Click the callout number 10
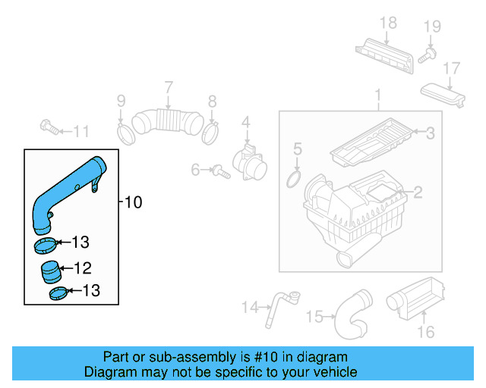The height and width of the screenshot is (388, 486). [x=134, y=202]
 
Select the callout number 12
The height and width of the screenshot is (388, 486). [x=83, y=268]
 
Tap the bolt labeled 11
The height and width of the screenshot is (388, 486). [x=49, y=127]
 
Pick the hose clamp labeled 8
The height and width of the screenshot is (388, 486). [x=210, y=133]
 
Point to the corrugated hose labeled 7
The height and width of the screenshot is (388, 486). [x=168, y=122]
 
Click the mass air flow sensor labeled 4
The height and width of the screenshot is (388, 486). [x=250, y=162]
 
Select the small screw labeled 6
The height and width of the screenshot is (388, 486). [x=222, y=172]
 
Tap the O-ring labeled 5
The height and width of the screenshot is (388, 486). [x=294, y=179]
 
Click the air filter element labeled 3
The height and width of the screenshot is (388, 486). [x=371, y=142]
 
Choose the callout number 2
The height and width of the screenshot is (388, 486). [x=418, y=192]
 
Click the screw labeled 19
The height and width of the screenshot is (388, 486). [x=427, y=55]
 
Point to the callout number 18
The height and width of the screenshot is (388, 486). [x=388, y=23]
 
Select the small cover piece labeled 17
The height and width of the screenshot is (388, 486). [x=443, y=95]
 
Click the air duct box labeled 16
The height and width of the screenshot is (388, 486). [x=415, y=299]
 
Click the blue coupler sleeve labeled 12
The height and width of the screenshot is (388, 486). [x=50, y=272]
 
